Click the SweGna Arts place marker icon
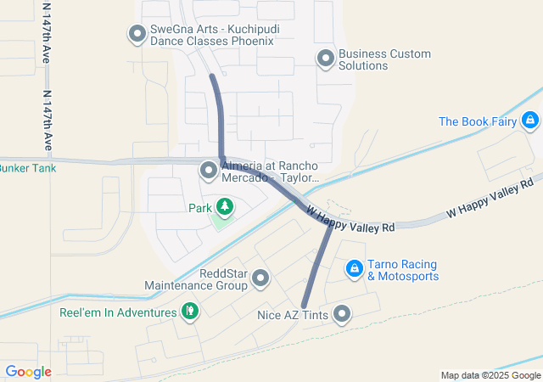(137, 35)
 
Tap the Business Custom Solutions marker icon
(325, 59)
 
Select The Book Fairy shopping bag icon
(530, 121)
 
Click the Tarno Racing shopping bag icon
(354, 270)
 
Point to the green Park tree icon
(225, 207)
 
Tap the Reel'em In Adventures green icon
(190, 312)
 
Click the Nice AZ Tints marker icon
(342, 315)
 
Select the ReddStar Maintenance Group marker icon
(260, 278)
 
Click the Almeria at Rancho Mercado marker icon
(209, 171)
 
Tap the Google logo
(29, 372)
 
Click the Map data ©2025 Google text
(490, 375)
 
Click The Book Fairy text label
(478, 121)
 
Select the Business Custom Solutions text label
(384, 59)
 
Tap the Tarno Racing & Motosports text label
(402, 270)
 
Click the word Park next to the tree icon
(199, 207)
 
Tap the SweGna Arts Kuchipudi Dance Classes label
(212, 34)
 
